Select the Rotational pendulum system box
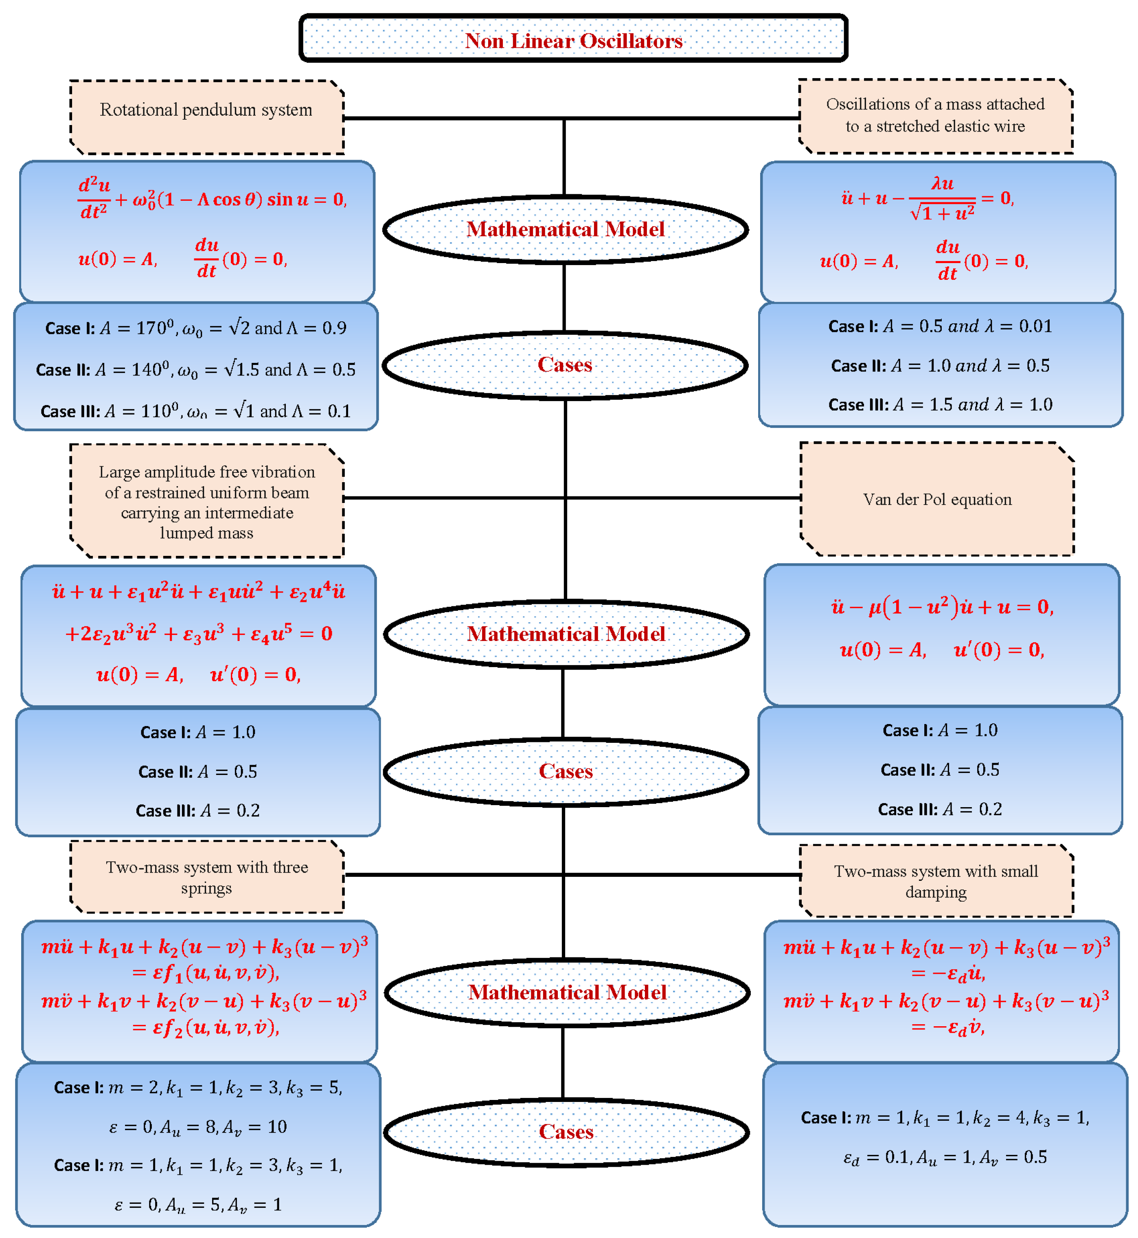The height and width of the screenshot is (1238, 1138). coord(206,116)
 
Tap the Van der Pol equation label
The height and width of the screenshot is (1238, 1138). coord(936,499)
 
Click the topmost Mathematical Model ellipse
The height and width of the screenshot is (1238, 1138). coord(565,229)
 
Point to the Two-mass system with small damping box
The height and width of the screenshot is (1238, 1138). coord(936,881)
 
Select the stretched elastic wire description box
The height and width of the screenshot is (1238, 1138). coord(935,115)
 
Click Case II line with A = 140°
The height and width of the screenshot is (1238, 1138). coord(196,369)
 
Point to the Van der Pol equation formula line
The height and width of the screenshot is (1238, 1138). coord(942,607)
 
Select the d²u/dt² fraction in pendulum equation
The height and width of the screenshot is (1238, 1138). coord(94,198)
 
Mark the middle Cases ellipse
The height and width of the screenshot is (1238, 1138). coord(566,771)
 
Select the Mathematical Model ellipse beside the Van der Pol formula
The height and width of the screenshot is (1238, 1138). coord(566,634)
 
